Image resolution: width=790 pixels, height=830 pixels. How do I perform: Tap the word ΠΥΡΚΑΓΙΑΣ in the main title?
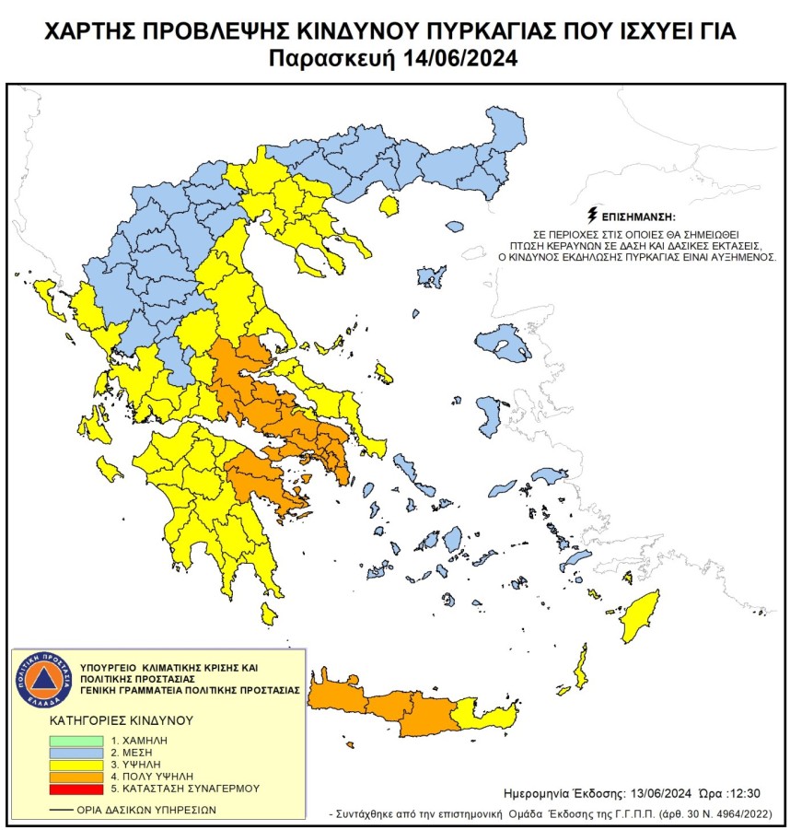click(512, 32)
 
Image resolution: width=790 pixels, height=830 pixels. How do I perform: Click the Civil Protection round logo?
click(38, 681)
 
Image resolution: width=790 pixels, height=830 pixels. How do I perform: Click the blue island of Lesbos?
click(504, 343)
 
